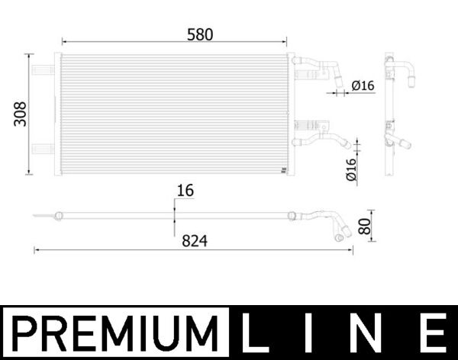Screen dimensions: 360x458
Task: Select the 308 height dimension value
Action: click(21, 114)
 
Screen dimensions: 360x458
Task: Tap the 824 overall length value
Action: click(194, 240)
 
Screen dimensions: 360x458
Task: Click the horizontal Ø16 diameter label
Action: click(363, 86)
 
